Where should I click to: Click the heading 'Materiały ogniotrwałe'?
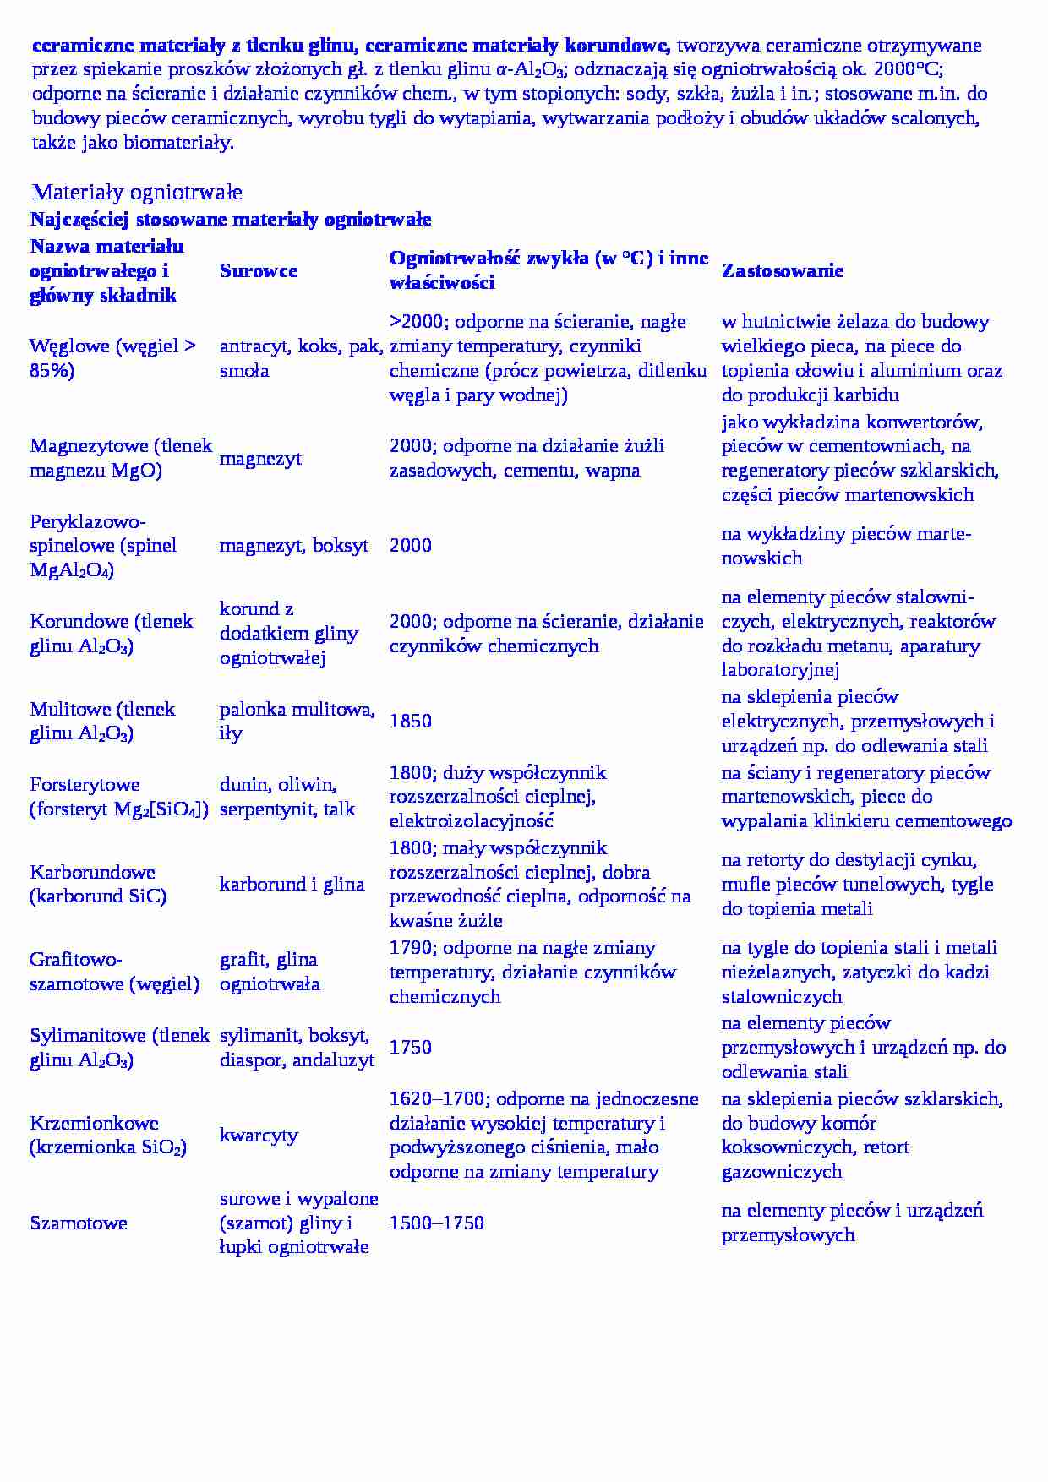click(137, 193)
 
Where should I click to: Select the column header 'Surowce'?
click(259, 271)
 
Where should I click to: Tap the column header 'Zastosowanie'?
click(783, 271)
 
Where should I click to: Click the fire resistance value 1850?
click(411, 722)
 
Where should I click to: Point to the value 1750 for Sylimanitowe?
click(411, 1048)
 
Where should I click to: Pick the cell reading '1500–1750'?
click(437, 1223)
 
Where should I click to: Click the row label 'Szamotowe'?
click(79, 1223)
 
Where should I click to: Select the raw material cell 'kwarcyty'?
click(259, 1136)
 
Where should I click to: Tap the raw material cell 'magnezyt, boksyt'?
click(294, 546)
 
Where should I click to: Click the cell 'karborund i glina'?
click(292, 885)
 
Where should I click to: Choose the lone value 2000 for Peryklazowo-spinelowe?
click(411, 546)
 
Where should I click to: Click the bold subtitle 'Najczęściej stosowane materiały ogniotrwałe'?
click(231, 220)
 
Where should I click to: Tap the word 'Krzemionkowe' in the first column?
click(94, 1124)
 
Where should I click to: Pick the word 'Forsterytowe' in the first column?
click(85, 785)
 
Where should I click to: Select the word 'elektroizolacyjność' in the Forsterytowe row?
click(472, 821)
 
